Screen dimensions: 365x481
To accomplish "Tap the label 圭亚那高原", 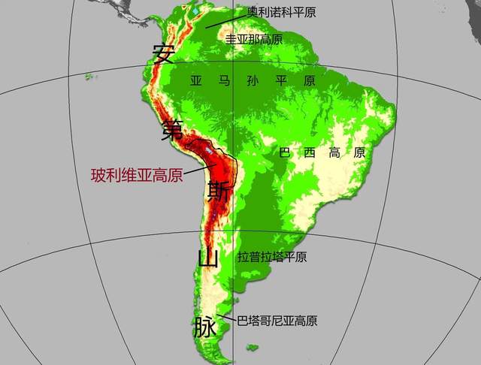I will pyautogui.click(x=254, y=38).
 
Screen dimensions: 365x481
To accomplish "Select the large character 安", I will pyautogui.click(x=163, y=54).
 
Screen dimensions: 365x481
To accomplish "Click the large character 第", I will pyautogui.click(x=171, y=129).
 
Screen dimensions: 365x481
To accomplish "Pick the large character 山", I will pyautogui.click(x=207, y=258).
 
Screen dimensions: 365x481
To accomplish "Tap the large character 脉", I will pyautogui.click(x=204, y=327).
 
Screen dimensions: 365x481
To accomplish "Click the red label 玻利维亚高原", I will pyautogui.click(x=137, y=175).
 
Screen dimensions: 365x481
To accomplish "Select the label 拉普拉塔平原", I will pyautogui.click(x=272, y=257).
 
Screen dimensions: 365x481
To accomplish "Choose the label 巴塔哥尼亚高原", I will pyautogui.click(x=277, y=321).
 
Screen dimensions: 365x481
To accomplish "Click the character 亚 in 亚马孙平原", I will pyautogui.click(x=197, y=80).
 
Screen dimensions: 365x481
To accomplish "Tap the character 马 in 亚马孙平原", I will pyautogui.click(x=224, y=80).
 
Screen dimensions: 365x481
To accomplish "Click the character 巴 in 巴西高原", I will pyautogui.click(x=286, y=152).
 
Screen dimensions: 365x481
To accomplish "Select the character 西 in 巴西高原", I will pyautogui.click(x=310, y=152).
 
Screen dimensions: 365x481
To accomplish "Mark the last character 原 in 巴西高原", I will pyautogui.click(x=358, y=152).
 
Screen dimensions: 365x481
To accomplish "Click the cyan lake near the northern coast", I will pyautogui.click(x=195, y=12).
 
